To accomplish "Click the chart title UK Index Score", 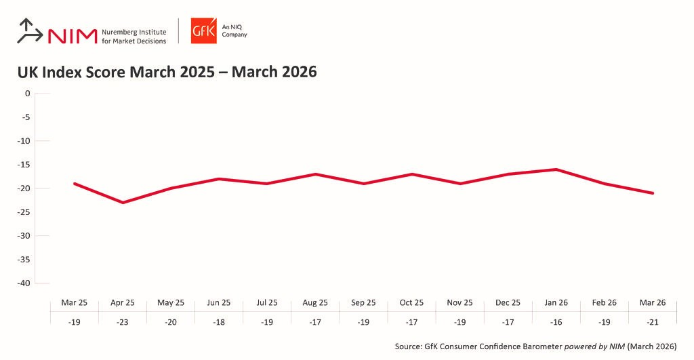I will tap(167, 71).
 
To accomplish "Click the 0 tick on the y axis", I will tap(28, 94).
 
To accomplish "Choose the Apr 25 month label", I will tap(122, 302).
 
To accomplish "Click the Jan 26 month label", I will tap(556, 302).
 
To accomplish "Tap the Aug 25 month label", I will tap(315, 302).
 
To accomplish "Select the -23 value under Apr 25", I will tap(122, 322).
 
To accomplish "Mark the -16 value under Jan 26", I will tap(556, 322).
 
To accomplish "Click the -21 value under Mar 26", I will tap(653, 322).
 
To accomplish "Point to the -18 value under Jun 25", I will tap(219, 322).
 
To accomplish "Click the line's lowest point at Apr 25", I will tap(123, 202).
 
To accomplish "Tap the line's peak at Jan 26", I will tap(556, 169).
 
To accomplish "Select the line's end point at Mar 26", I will tap(653, 193).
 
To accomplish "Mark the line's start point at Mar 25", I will tap(75, 184).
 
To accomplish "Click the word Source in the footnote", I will tap(409, 346).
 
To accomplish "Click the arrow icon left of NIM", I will tap(29, 32).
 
